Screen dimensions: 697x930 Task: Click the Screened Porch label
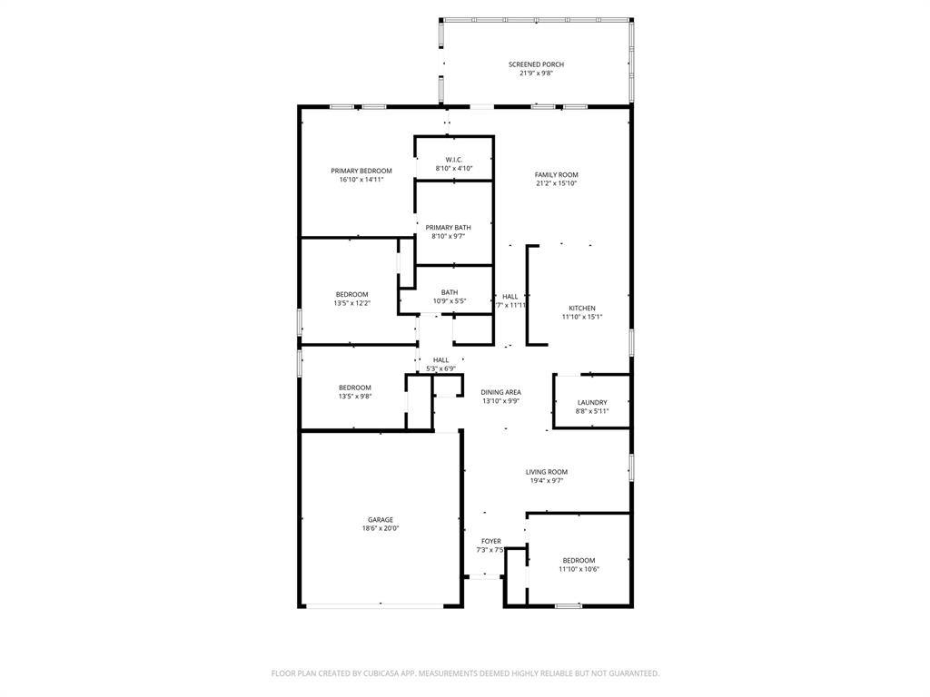[x=536, y=64]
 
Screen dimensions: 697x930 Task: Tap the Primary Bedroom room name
[x=361, y=171]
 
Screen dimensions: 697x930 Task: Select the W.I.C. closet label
[x=454, y=160]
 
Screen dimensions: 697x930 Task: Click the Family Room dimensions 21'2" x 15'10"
[x=556, y=183]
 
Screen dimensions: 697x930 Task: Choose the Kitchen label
[x=581, y=309]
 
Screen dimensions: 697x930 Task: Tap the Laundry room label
[x=592, y=402]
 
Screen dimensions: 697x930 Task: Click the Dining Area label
[x=500, y=392]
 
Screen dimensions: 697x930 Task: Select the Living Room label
[x=546, y=472]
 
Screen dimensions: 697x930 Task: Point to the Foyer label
[x=490, y=542]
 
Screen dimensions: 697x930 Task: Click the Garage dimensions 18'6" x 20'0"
[x=380, y=528]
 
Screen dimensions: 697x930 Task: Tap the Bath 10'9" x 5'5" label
[x=449, y=292]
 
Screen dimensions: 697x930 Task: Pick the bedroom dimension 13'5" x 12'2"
[x=351, y=303]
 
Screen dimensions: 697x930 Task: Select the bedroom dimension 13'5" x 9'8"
[x=354, y=397]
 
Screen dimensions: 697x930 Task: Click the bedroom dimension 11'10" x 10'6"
[x=579, y=569]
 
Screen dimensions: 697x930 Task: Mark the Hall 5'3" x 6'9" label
[x=440, y=360]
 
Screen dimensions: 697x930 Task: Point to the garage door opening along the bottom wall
[x=380, y=605]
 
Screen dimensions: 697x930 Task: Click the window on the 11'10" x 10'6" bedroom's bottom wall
[x=569, y=605]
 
